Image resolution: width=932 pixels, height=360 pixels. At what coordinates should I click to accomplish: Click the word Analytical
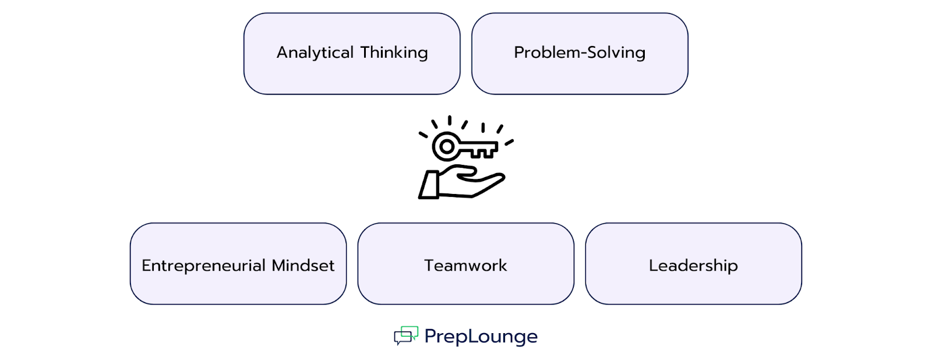tap(315, 53)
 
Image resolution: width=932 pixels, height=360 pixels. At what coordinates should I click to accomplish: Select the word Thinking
tap(394, 53)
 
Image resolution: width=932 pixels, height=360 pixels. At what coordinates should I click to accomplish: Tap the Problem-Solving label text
tap(580, 53)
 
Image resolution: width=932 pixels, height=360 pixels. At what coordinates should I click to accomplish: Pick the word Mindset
tap(303, 266)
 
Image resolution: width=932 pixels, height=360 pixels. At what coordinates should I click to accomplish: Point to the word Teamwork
tap(465, 266)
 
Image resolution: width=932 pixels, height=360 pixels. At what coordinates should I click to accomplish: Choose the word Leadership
tap(693, 266)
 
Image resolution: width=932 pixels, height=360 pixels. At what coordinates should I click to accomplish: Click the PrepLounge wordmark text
tap(481, 336)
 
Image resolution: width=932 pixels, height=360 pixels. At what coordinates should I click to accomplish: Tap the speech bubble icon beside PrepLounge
tap(406, 335)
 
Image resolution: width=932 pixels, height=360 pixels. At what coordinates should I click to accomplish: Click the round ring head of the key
tap(446, 146)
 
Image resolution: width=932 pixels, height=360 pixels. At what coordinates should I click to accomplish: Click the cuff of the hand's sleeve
tap(429, 185)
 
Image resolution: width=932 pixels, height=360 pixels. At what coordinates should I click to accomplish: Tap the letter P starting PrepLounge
tap(430, 336)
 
